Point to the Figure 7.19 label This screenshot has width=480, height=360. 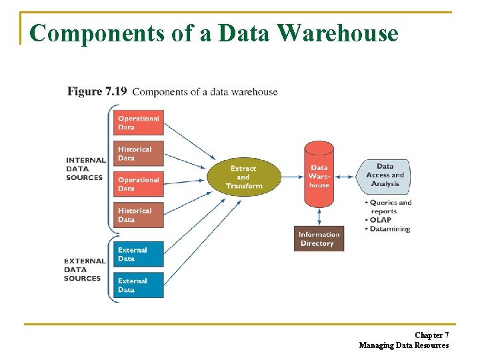click(x=97, y=91)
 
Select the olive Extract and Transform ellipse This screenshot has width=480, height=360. click(x=243, y=177)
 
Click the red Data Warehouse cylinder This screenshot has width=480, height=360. click(x=319, y=176)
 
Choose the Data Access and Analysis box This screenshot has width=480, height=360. click(x=385, y=175)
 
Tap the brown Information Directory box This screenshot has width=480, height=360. click(x=319, y=239)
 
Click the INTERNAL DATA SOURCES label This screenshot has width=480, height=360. click(x=85, y=169)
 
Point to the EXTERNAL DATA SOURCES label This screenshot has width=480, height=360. click(x=85, y=269)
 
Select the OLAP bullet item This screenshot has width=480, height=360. click(x=381, y=220)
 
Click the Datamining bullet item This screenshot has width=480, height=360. click(x=389, y=229)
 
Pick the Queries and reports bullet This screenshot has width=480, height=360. click(x=389, y=207)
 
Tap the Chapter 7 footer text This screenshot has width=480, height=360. click(x=431, y=335)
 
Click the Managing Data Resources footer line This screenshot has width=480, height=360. click(x=403, y=345)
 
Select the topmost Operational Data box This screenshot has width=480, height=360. click(x=138, y=123)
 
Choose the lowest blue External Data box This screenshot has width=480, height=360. click(x=138, y=285)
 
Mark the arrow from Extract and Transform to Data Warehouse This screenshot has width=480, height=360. click(x=292, y=177)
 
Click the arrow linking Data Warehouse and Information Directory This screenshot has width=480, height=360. click(x=319, y=216)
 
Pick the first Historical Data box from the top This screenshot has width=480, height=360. click(x=138, y=154)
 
